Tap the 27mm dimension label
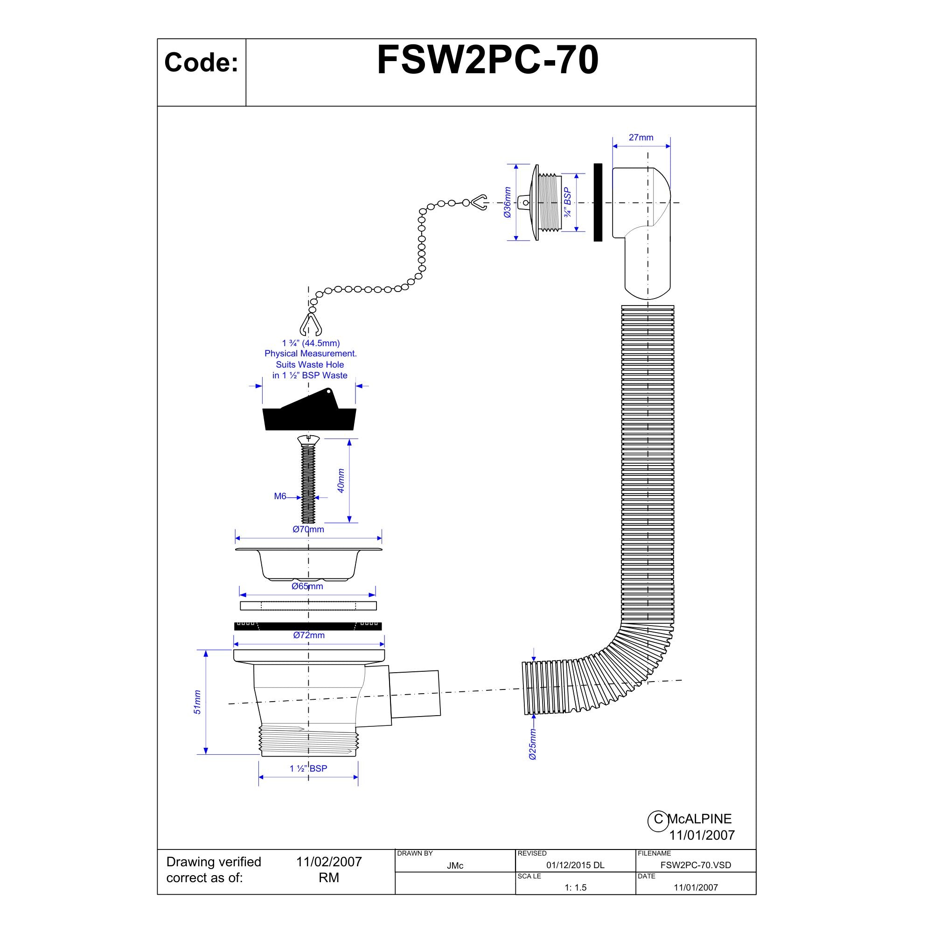[x=641, y=138]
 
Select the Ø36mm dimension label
[x=507, y=202]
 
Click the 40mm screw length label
[x=341, y=480]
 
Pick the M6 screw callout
[x=280, y=496]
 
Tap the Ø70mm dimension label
[x=308, y=529]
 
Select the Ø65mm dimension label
[x=307, y=586]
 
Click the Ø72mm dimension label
[x=308, y=635]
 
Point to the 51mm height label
[x=197, y=702]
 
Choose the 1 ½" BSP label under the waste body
[x=308, y=768]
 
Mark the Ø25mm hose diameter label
[x=533, y=744]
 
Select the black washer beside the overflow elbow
[x=598, y=202]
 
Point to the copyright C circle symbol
[x=658, y=819]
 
